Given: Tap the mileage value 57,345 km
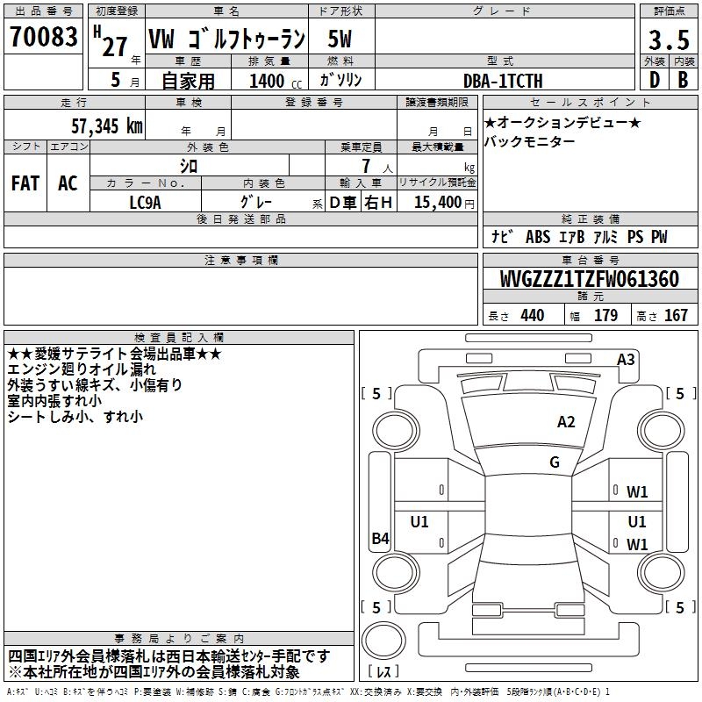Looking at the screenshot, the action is (106, 126).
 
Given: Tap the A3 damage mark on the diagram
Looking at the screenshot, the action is (626, 359).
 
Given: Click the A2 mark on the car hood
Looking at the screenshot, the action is (566, 422).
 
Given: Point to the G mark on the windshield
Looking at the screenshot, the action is (555, 462).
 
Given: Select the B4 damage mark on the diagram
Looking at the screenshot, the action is (380, 539).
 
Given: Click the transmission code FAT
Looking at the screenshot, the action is (25, 183).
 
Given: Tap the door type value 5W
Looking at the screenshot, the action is (340, 39).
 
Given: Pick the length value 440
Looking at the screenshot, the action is (532, 316).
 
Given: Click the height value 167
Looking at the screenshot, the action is (676, 316).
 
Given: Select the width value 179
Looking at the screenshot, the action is (605, 316).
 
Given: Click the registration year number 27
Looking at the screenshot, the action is (115, 47).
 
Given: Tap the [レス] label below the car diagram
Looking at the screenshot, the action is (384, 673).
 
